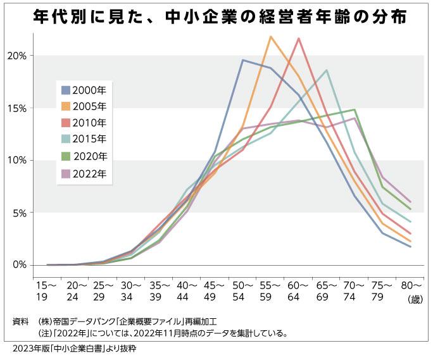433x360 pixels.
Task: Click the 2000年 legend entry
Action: pyautogui.click(x=84, y=90)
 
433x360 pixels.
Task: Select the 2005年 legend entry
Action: pyautogui.click(x=84, y=106)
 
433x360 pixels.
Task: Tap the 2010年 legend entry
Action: pyautogui.click(x=84, y=123)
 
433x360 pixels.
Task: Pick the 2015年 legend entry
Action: pyautogui.click(x=84, y=139)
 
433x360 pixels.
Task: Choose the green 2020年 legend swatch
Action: pyautogui.click(x=66, y=156)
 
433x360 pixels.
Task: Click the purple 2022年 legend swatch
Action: pyautogui.click(x=66, y=174)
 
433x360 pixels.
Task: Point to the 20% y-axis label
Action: pyautogui.click(x=17, y=56)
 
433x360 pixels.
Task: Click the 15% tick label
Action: pyautogui.click(x=17, y=108)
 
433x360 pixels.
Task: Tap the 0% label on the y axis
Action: pyautogui.click(x=20, y=264)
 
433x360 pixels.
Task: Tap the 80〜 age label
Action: pyautogui.click(x=411, y=286)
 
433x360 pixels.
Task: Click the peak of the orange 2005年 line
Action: pyautogui.click(x=271, y=37)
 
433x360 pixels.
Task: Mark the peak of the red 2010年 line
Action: pyautogui.click(x=299, y=39)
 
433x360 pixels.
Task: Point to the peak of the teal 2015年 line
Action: pyautogui.click(x=327, y=70)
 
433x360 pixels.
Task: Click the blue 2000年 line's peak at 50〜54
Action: pyautogui.click(x=242, y=60)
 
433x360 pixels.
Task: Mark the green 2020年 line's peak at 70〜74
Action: pyautogui.click(x=355, y=109)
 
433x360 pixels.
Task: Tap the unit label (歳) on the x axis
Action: pyautogui.click(x=415, y=299)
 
